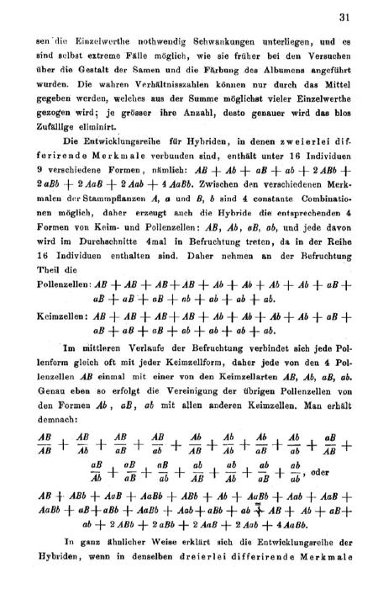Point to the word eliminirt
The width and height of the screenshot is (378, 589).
pyautogui.click(x=93, y=117)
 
